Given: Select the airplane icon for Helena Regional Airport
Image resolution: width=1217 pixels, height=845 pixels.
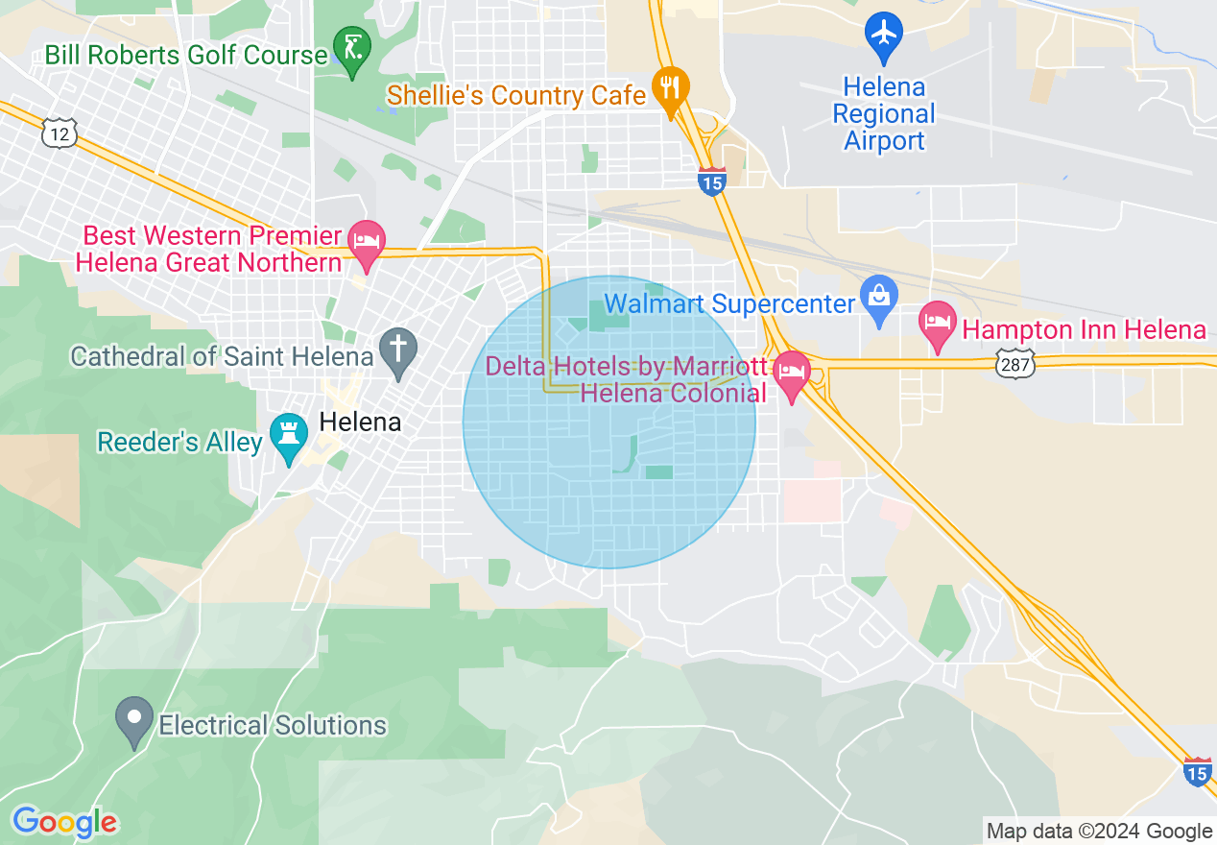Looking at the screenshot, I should pos(883,34).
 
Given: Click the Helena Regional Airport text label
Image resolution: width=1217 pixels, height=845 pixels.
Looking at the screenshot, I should pos(883,114).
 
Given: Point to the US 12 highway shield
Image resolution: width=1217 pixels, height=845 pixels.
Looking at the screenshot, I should pos(60,133).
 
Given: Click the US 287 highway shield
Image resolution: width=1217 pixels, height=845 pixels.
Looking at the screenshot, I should pos(1014,364).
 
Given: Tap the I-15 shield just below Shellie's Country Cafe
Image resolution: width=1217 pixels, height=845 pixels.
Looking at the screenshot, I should pos(711,181).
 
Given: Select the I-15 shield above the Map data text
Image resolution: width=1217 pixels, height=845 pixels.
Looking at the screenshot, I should pos(1197,771).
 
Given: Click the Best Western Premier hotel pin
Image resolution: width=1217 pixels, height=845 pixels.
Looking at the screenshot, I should pos(366,240).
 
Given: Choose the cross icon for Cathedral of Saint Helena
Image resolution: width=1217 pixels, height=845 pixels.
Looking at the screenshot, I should pos(397,348).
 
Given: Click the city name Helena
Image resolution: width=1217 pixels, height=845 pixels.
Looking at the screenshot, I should pos(359,422).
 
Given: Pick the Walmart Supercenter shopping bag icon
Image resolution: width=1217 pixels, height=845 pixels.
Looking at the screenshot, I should pos(879,295).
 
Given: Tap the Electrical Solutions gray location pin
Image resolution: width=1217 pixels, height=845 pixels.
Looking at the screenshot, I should pos(134,717).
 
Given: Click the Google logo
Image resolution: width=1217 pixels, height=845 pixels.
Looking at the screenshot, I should pos(64,822).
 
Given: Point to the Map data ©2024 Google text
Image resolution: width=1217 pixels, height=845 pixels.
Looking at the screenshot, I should pos(1100,832).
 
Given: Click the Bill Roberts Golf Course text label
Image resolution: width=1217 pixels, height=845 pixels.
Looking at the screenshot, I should pos(186,56).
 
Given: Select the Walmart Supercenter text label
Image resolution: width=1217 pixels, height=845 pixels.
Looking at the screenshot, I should pos(729,304).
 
